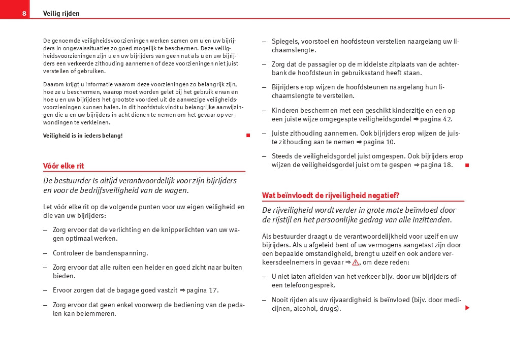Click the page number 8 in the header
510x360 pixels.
point(24,14)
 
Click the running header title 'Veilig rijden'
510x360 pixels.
point(61,14)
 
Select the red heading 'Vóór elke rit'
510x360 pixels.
point(63,166)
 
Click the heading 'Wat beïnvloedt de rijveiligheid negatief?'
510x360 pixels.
point(331,195)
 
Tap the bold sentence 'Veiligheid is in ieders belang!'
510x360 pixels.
point(83,136)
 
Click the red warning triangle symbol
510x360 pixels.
point(356,263)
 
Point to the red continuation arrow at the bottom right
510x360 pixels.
point(467,308)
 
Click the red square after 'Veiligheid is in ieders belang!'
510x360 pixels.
point(248,136)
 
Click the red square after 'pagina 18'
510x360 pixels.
point(467,165)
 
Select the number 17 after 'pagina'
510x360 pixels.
point(213,290)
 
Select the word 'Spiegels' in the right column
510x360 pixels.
point(285,41)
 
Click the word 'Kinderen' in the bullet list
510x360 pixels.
point(285,110)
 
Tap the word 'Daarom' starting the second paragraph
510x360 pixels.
point(53,84)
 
